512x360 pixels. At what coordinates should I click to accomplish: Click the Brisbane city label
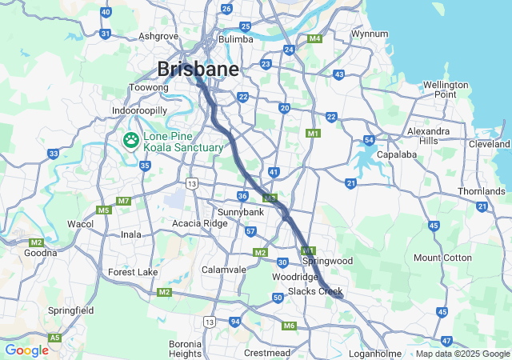[198, 69]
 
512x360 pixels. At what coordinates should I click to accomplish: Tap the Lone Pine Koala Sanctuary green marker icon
[130, 140]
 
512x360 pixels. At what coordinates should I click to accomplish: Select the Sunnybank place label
[240, 211]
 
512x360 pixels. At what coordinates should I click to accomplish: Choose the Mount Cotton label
[442, 257]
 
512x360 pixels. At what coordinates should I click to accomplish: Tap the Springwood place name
[328, 261]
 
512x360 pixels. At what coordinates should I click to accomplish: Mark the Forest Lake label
[133, 272]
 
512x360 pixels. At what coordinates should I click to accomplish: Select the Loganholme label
[375, 353]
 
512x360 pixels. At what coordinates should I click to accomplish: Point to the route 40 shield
[106, 12]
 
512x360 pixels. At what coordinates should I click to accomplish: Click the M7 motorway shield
[123, 201]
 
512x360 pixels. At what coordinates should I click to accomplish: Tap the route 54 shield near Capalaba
[369, 140]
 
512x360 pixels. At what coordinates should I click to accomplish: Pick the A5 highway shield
[54, 338]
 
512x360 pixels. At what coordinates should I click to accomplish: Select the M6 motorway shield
[289, 326]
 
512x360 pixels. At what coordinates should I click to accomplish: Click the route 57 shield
[250, 231]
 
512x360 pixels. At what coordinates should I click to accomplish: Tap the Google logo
[26, 350]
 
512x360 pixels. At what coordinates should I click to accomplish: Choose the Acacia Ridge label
[200, 223]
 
